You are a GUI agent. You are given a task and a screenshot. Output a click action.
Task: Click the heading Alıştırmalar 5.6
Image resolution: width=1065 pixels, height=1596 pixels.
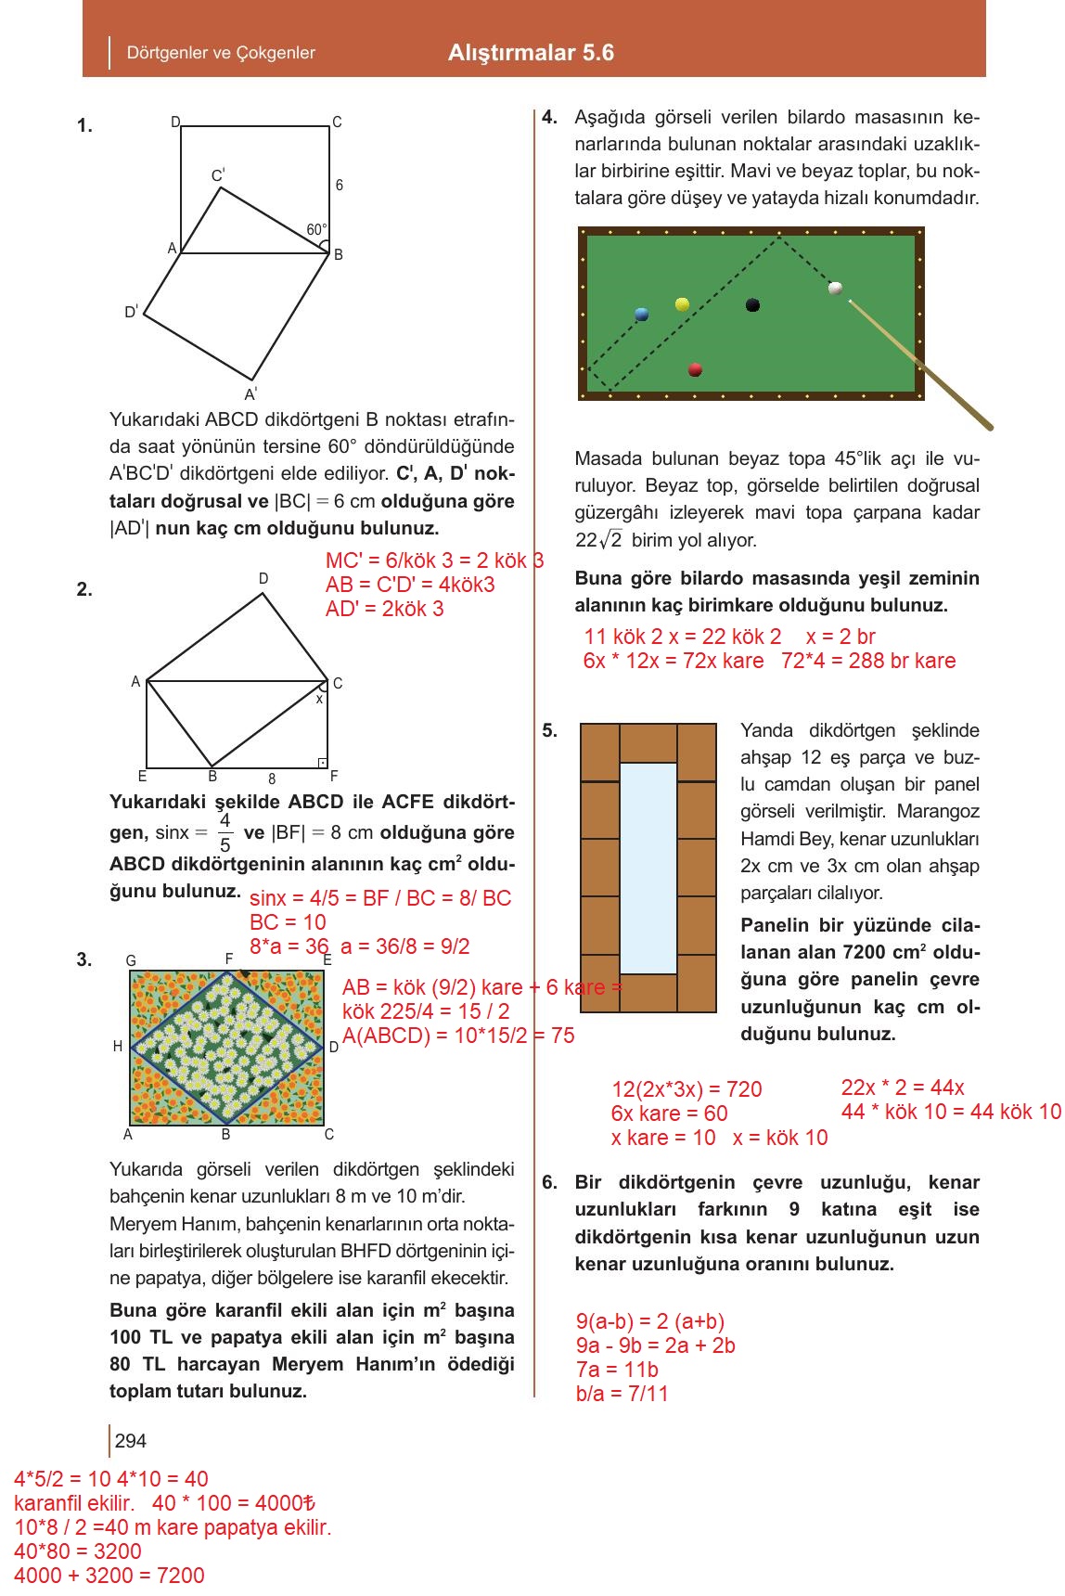(531, 53)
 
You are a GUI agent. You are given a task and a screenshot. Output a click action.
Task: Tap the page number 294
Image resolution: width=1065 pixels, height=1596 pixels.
(131, 1440)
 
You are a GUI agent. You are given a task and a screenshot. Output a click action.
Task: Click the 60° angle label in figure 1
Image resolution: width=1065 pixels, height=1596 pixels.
(315, 229)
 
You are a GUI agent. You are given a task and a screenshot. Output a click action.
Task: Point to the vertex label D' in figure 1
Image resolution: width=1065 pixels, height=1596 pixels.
(131, 312)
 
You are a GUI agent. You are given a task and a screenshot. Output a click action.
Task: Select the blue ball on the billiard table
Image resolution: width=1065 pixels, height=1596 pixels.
(641, 315)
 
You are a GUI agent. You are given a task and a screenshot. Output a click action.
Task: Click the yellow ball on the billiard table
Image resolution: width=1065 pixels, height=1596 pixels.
(682, 304)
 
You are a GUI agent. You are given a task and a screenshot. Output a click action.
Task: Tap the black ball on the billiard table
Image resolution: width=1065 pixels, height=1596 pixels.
(752, 304)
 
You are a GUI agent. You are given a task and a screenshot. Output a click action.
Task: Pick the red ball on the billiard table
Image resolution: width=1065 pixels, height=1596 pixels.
(695, 370)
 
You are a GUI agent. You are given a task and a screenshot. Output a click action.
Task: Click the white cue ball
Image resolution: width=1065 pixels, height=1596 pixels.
(835, 289)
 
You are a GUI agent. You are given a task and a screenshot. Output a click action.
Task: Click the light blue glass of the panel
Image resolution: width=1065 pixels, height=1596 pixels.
(648, 867)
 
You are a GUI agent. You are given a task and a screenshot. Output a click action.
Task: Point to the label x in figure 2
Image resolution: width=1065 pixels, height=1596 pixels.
(319, 699)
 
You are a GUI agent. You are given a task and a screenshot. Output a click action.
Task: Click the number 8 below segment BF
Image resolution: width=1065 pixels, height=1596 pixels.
(272, 779)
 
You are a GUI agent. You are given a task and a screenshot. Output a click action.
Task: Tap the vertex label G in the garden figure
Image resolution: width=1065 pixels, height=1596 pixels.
(131, 960)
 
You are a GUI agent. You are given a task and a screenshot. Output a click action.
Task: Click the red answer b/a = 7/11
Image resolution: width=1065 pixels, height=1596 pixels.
(622, 1393)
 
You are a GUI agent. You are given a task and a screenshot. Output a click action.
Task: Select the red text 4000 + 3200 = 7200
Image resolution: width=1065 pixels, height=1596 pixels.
(109, 1575)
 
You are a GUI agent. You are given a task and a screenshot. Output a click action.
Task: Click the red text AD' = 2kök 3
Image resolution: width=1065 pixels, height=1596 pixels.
(384, 609)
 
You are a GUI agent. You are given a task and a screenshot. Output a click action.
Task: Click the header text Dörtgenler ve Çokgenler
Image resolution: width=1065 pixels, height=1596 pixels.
(221, 53)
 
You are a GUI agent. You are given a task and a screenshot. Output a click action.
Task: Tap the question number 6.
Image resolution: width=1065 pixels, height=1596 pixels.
(549, 1182)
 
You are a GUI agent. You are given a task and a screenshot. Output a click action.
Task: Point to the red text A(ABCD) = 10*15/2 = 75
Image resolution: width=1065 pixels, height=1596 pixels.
(458, 1036)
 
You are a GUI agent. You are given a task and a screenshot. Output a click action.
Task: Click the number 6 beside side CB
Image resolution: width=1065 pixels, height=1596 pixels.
(340, 186)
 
